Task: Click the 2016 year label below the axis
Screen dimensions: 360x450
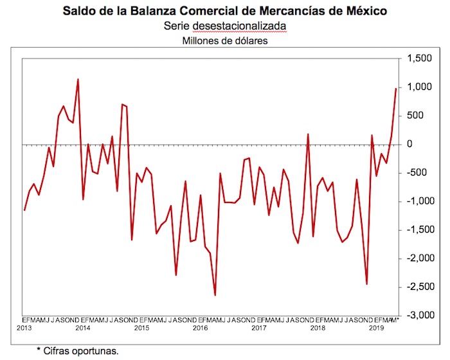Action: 200,328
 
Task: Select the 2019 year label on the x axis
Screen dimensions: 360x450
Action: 376,328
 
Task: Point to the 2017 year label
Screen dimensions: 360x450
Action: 258,328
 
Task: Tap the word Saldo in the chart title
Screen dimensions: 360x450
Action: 79,12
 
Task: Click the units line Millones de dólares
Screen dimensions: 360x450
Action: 224,40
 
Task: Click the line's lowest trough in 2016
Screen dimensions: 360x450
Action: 215,296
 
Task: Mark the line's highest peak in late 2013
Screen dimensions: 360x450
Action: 78,79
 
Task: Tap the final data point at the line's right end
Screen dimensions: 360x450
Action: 395,89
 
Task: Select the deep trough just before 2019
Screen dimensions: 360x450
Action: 366,283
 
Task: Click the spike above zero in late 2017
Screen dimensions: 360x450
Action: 308,134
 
